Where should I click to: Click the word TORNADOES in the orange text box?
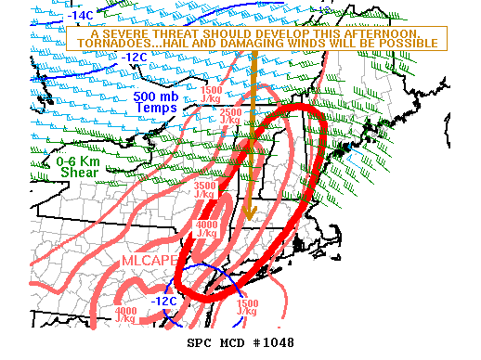tap(111, 44)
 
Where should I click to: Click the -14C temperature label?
tap(79, 16)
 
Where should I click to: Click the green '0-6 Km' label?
tap(78, 161)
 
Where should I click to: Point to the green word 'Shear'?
tap(79, 173)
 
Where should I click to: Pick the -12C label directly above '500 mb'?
tap(134, 58)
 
